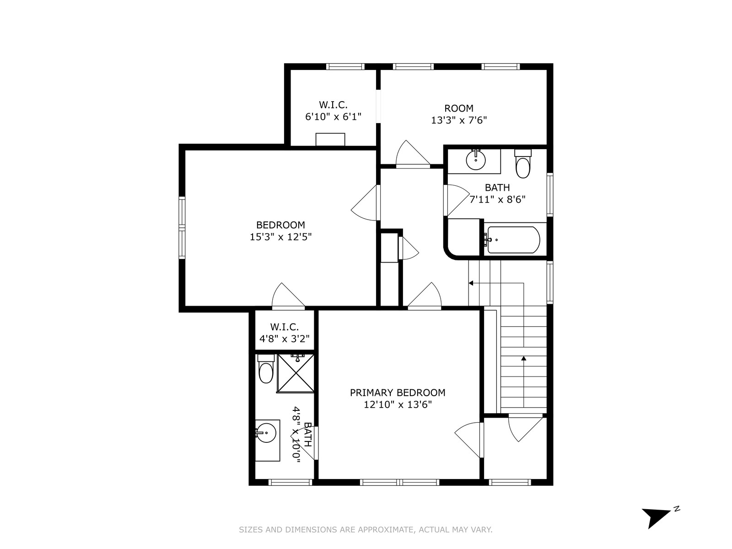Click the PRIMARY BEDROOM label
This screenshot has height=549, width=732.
(398, 393)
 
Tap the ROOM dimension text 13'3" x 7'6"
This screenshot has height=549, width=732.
(459, 120)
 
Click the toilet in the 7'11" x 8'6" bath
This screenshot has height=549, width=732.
(522, 164)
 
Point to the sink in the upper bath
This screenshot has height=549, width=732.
(475, 160)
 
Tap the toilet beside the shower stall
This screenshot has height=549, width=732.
(266, 369)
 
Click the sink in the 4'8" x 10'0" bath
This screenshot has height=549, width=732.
(266, 433)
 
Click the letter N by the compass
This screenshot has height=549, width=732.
(677, 509)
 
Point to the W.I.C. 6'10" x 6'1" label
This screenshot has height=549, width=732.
(333, 111)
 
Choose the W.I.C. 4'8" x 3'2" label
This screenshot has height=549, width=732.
(285, 333)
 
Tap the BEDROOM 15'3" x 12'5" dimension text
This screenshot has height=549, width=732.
(281, 237)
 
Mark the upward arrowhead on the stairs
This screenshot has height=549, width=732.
(523, 358)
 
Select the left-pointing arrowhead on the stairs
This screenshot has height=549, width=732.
(471, 283)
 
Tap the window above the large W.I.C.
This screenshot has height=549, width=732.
(345, 66)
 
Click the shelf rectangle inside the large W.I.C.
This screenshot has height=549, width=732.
(330, 140)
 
